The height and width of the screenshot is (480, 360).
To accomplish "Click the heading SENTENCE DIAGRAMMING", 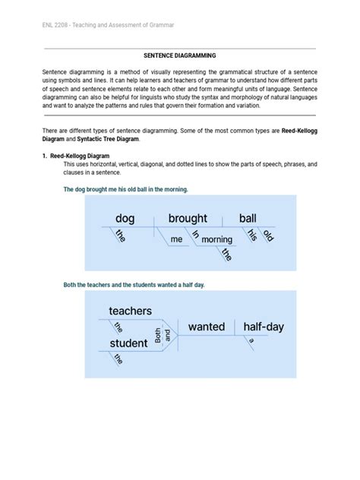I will (180, 55).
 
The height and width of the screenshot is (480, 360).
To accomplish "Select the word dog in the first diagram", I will (125, 219).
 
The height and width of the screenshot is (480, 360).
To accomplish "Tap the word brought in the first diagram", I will (188, 219).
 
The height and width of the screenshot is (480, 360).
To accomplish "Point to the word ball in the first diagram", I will (248, 219).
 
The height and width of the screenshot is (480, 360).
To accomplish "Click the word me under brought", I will (177, 238).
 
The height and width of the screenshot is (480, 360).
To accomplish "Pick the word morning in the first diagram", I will (216, 239).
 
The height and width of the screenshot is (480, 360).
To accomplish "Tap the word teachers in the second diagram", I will (131, 311).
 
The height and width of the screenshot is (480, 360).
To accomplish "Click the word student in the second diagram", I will (128, 343).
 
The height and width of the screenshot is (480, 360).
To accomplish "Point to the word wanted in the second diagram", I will (207, 327).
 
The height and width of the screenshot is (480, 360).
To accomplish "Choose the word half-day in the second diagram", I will (264, 327).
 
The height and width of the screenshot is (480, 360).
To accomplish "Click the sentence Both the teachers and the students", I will (134, 284).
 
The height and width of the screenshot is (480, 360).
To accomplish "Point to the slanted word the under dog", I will (119, 236).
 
